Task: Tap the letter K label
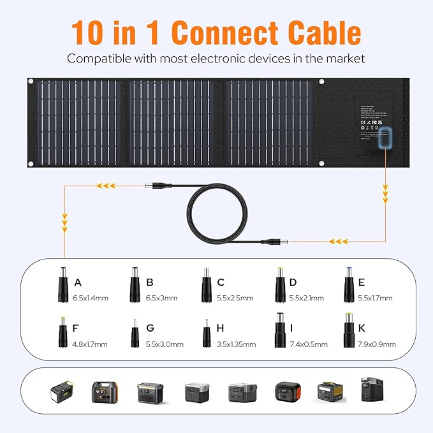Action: (x=362, y=328)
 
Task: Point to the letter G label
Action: (x=150, y=328)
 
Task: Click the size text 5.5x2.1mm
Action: (x=306, y=298)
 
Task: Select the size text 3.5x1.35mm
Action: (x=236, y=344)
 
